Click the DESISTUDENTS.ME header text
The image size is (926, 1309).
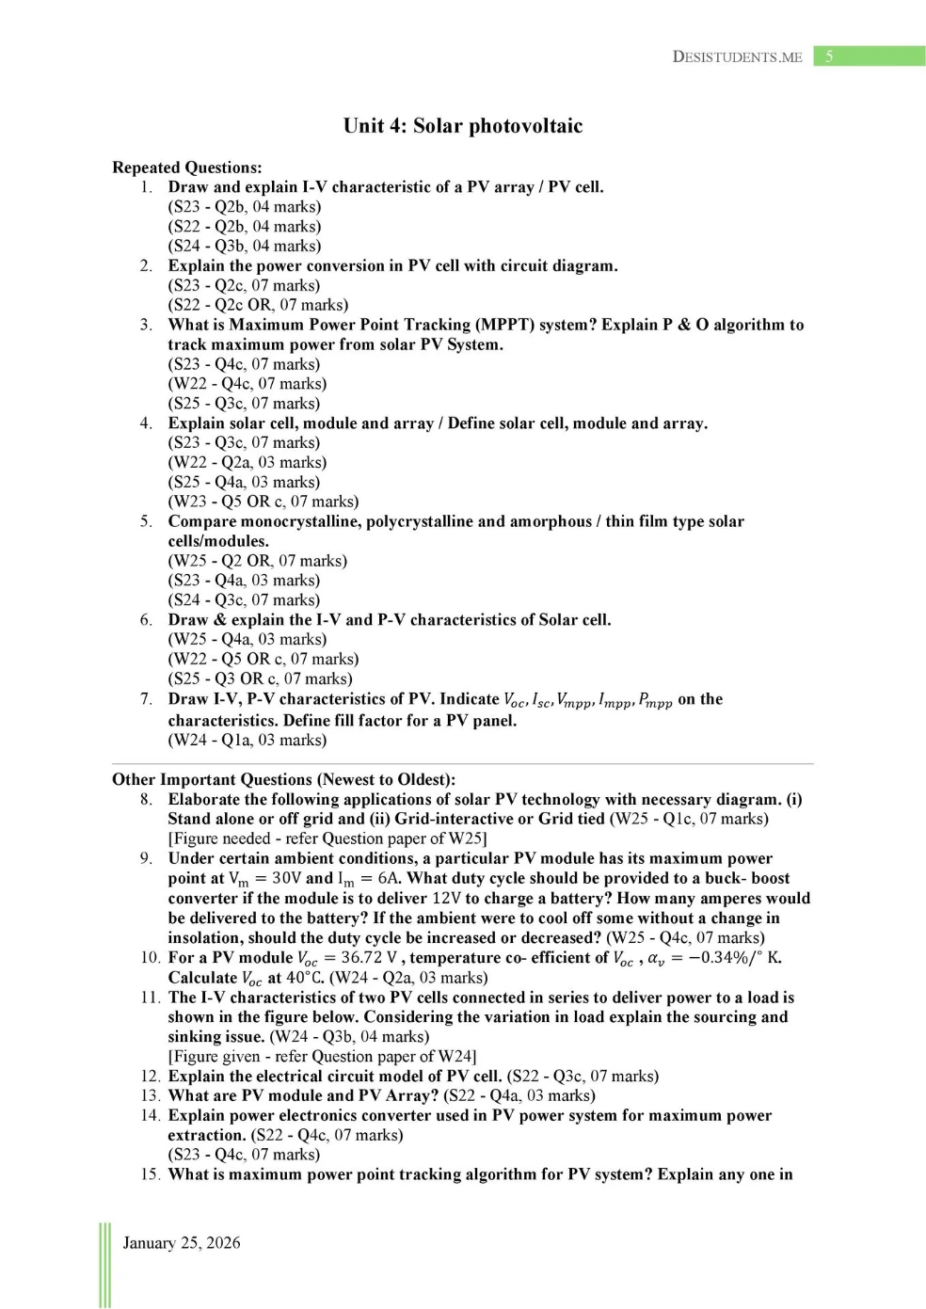pos(737,56)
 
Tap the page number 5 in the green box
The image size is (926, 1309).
pos(829,56)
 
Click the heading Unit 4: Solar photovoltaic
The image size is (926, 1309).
pos(462,126)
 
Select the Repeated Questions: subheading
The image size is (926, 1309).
pos(186,168)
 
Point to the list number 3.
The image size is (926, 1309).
pos(146,325)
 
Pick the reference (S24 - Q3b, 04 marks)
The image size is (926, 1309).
pos(245,246)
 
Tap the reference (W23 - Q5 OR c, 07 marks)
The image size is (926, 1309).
pos(263,502)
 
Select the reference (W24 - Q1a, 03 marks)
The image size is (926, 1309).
pos(247,740)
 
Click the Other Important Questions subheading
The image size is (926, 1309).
pos(283,779)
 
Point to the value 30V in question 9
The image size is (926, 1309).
pos(286,878)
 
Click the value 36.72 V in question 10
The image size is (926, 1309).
pos(369,958)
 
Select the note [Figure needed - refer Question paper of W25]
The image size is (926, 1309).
pos(327,838)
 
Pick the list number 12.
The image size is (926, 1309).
pos(151,1076)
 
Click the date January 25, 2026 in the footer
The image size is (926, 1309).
pos(182,1242)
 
